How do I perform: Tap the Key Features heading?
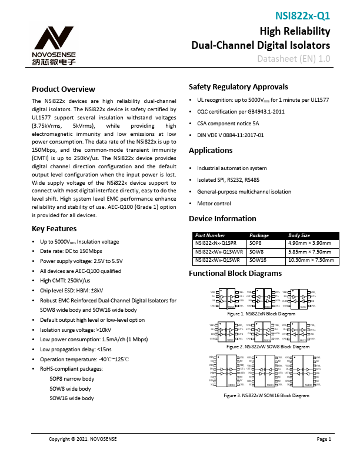click(x=54, y=228)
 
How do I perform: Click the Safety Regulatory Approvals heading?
click(x=238, y=86)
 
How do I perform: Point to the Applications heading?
click(x=211, y=151)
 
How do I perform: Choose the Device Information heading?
click(x=223, y=218)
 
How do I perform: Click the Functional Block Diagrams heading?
click(x=235, y=274)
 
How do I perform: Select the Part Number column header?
click(x=210, y=234)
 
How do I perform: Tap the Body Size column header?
click(x=299, y=234)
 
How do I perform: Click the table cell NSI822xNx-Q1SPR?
click(x=216, y=242)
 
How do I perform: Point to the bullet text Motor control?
click(x=214, y=204)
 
